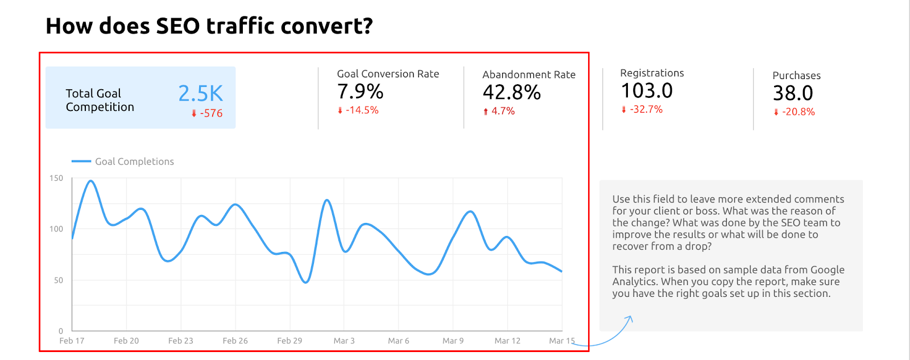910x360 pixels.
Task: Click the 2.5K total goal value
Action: coord(200,93)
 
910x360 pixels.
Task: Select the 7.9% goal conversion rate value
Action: coord(360,92)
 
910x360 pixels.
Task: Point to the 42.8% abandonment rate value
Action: coord(511,93)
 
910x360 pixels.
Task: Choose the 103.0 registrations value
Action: coord(647,91)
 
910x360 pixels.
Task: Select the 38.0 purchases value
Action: coord(793,93)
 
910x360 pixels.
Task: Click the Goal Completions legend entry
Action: coord(134,162)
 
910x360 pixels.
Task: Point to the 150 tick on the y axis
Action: coord(56,178)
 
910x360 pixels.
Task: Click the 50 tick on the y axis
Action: coord(59,280)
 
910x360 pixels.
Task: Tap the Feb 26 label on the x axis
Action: coord(235,341)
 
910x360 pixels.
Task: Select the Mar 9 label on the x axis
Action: coord(453,341)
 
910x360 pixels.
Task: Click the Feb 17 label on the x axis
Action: coord(72,341)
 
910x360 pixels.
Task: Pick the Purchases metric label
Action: coord(796,76)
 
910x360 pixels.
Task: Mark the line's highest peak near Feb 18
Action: coord(90,181)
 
